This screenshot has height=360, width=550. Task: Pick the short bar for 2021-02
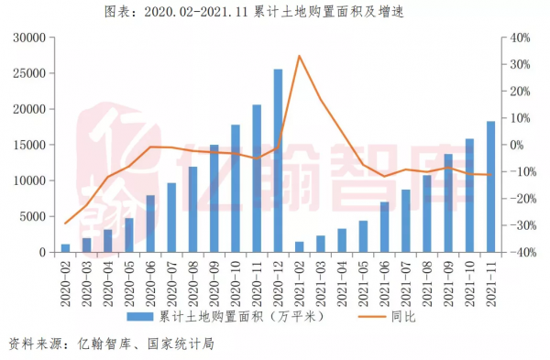299,246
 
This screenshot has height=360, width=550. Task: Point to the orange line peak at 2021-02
300,56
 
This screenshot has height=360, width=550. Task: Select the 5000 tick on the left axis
34,217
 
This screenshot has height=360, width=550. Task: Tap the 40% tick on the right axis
520,38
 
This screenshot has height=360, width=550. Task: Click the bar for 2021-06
384,227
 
